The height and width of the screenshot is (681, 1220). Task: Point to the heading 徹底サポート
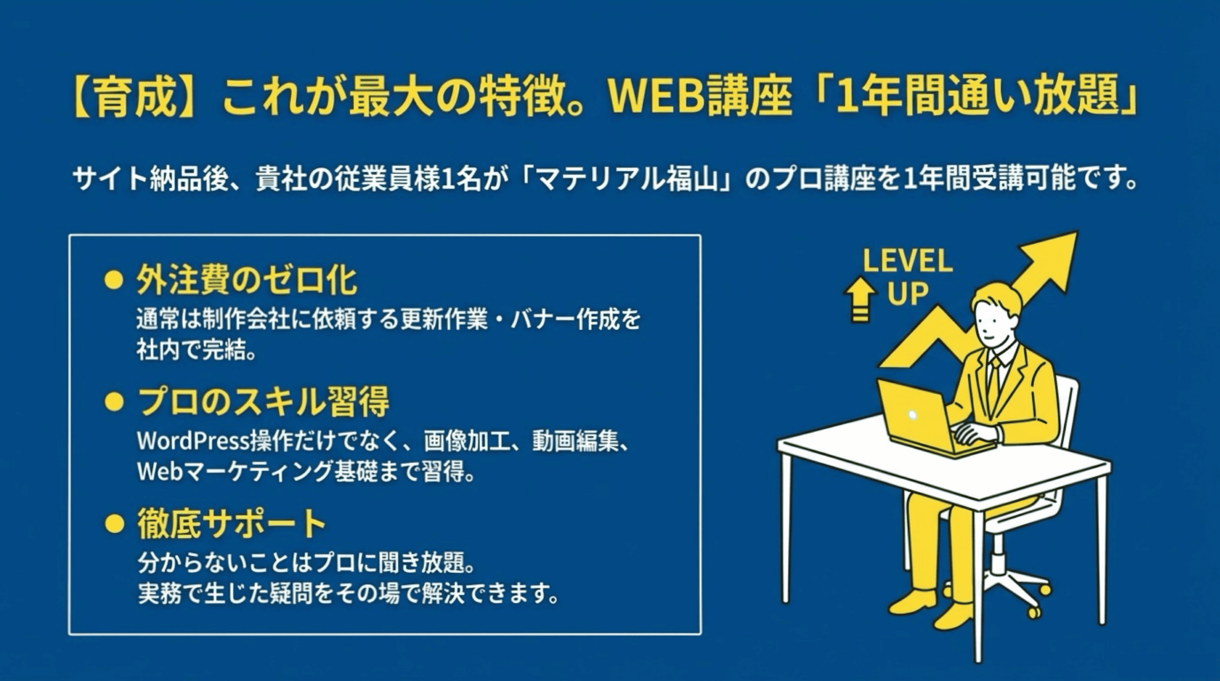pyautogui.click(x=232, y=523)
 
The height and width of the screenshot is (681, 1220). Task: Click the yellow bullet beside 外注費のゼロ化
pyautogui.click(x=114, y=281)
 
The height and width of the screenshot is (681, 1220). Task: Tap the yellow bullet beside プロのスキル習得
pyautogui.click(x=114, y=402)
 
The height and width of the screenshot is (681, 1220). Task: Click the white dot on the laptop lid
pyautogui.click(x=913, y=415)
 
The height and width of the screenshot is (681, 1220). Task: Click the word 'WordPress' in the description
pyautogui.click(x=193, y=442)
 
